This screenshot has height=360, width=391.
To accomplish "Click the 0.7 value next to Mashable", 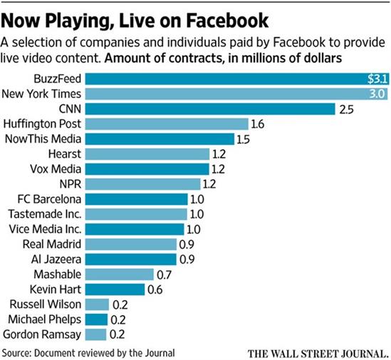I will pyautogui.click(x=164, y=274).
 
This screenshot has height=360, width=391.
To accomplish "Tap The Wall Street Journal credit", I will pyautogui.click(x=318, y=353).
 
